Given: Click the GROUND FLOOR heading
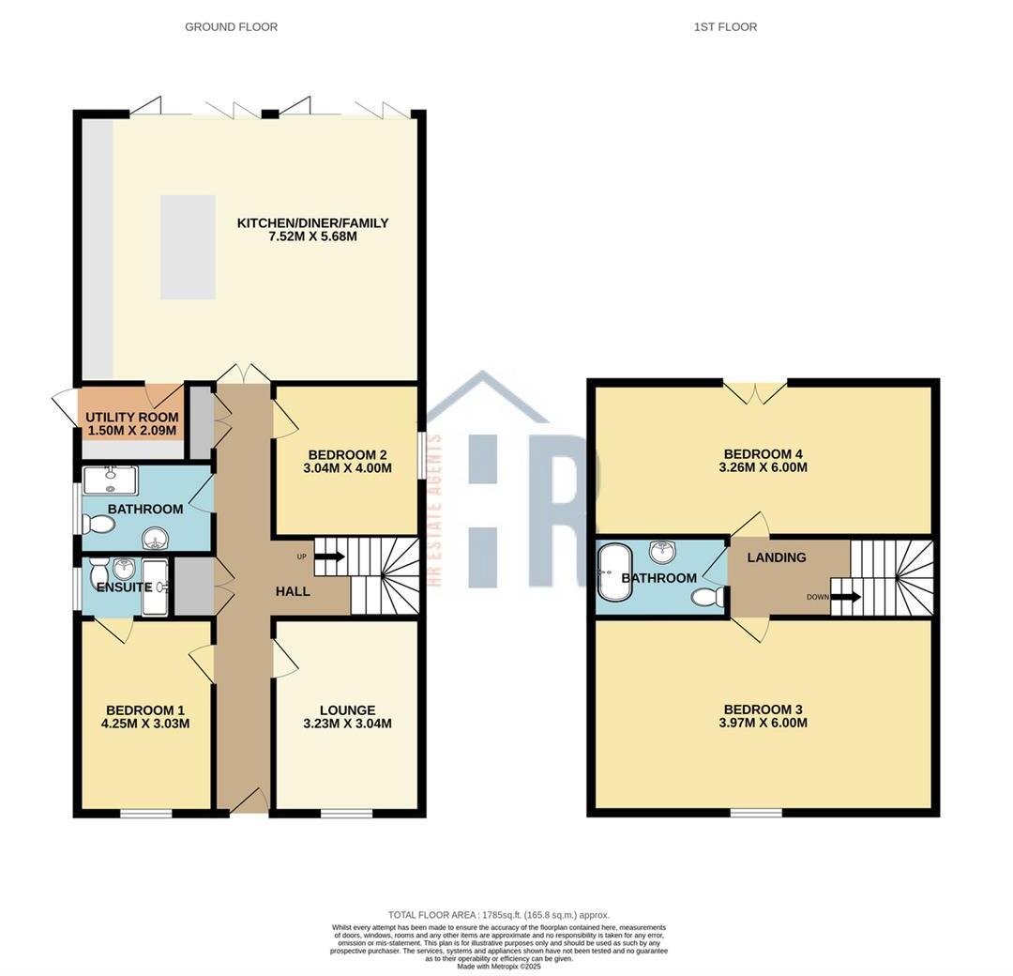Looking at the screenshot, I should coord(231,27).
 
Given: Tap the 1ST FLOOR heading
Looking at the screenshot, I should coord(725,27).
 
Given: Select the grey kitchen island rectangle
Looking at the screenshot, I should coord(188,247).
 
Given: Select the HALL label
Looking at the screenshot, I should coord(293,591).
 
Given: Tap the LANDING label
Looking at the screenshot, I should coord(777,557).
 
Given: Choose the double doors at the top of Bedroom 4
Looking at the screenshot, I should coord(755,392).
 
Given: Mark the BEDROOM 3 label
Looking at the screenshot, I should coord(764,709).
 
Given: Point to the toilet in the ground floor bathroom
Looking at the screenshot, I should coord(98,523).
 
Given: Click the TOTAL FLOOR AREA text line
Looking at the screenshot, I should coord(499,914).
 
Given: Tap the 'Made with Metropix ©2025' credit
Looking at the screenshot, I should coord(499,966).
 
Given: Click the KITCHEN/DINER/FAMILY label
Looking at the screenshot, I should coord(312,223).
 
